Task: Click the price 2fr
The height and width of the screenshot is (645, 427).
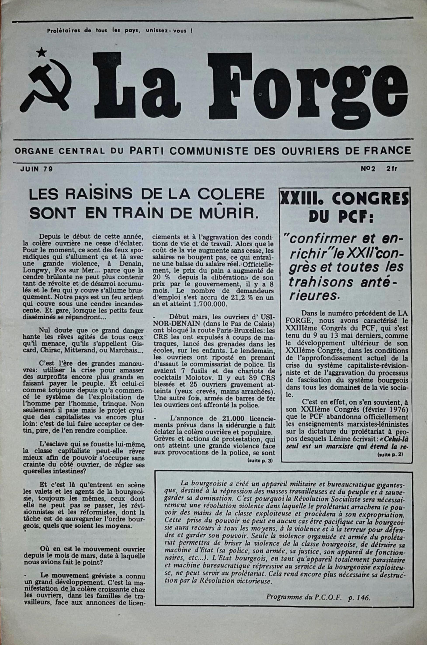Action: [392, 169]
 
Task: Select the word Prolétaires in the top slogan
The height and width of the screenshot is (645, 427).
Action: [63, 31]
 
